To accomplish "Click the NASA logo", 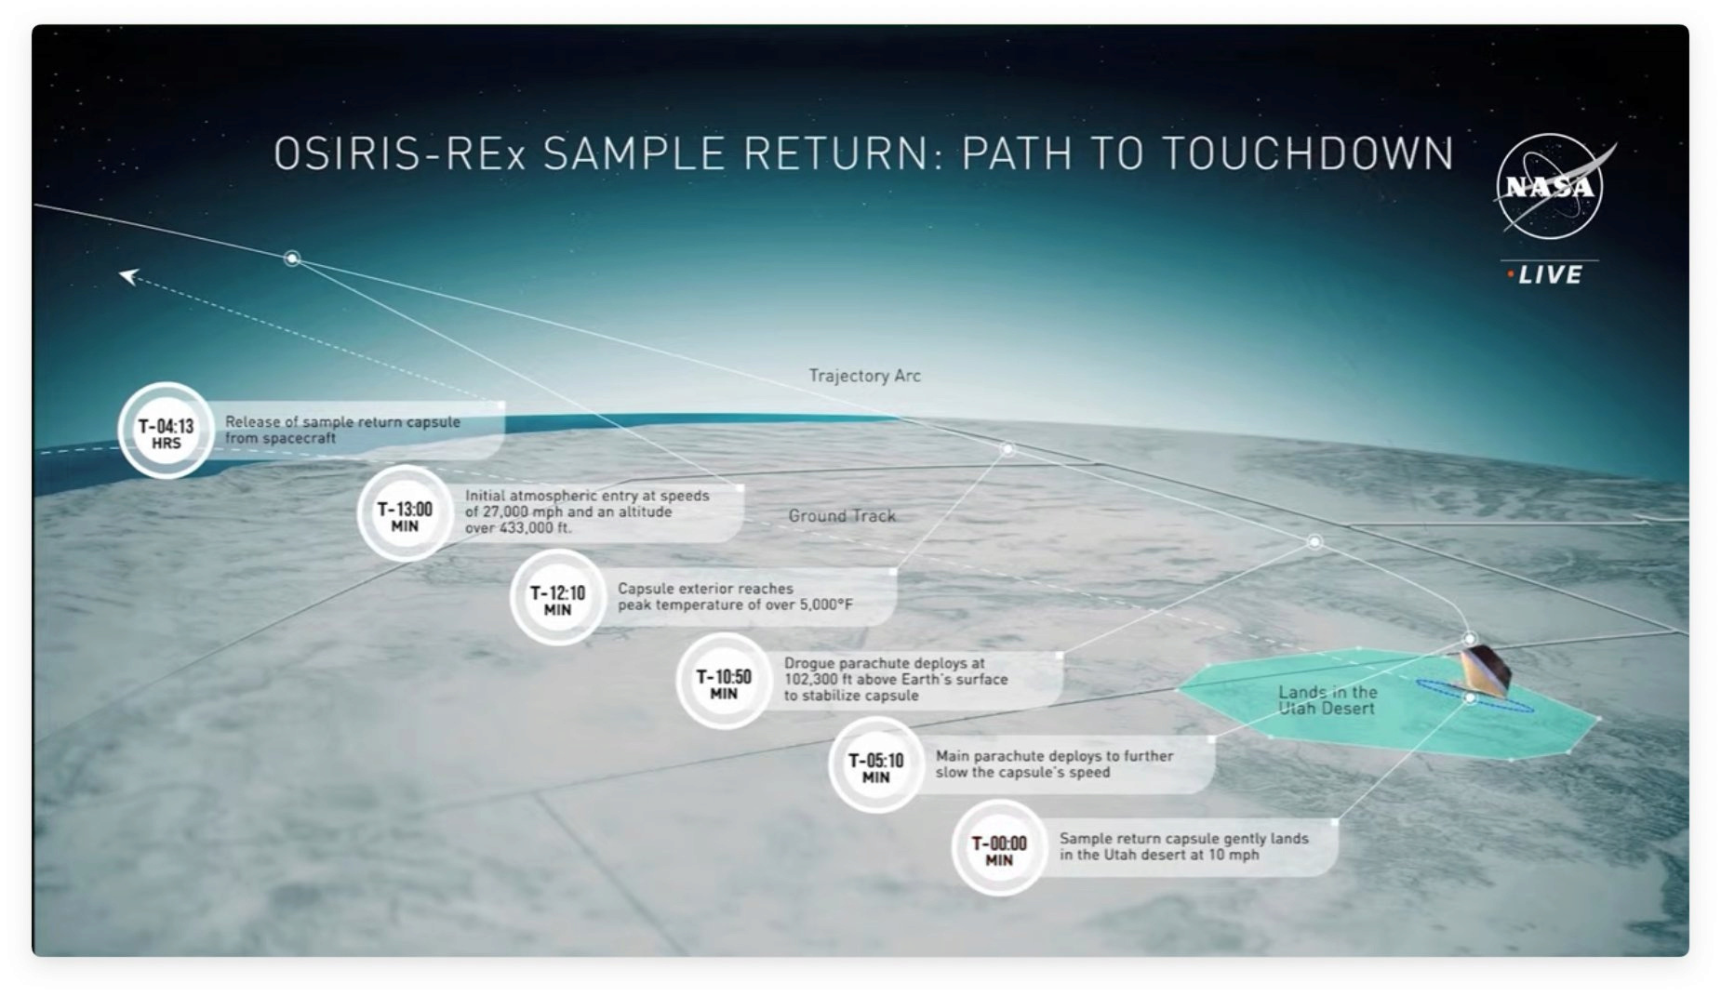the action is (1551, 187).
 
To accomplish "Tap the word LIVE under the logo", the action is (1550, 275).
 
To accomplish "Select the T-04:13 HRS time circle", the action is (166, 431).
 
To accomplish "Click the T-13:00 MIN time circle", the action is (405, 513).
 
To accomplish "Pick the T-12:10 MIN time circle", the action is (557, 597).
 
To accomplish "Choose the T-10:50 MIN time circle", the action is (724, 681).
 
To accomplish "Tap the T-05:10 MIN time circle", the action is (875, 764).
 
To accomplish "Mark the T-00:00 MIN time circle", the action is (999, 848).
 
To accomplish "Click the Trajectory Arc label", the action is (864, 376).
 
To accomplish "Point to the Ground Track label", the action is (842, 515).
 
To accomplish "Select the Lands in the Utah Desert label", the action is (1327, 700).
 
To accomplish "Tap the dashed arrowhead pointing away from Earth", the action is (129, 275).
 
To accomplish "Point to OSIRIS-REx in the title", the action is (400, 153).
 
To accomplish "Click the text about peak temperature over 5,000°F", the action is (735, 596).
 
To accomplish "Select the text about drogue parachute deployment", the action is (896, 679).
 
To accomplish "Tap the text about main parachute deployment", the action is (1054, 764).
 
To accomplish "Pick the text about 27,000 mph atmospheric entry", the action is (587, 511).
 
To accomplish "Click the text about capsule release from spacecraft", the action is (342, 430).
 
